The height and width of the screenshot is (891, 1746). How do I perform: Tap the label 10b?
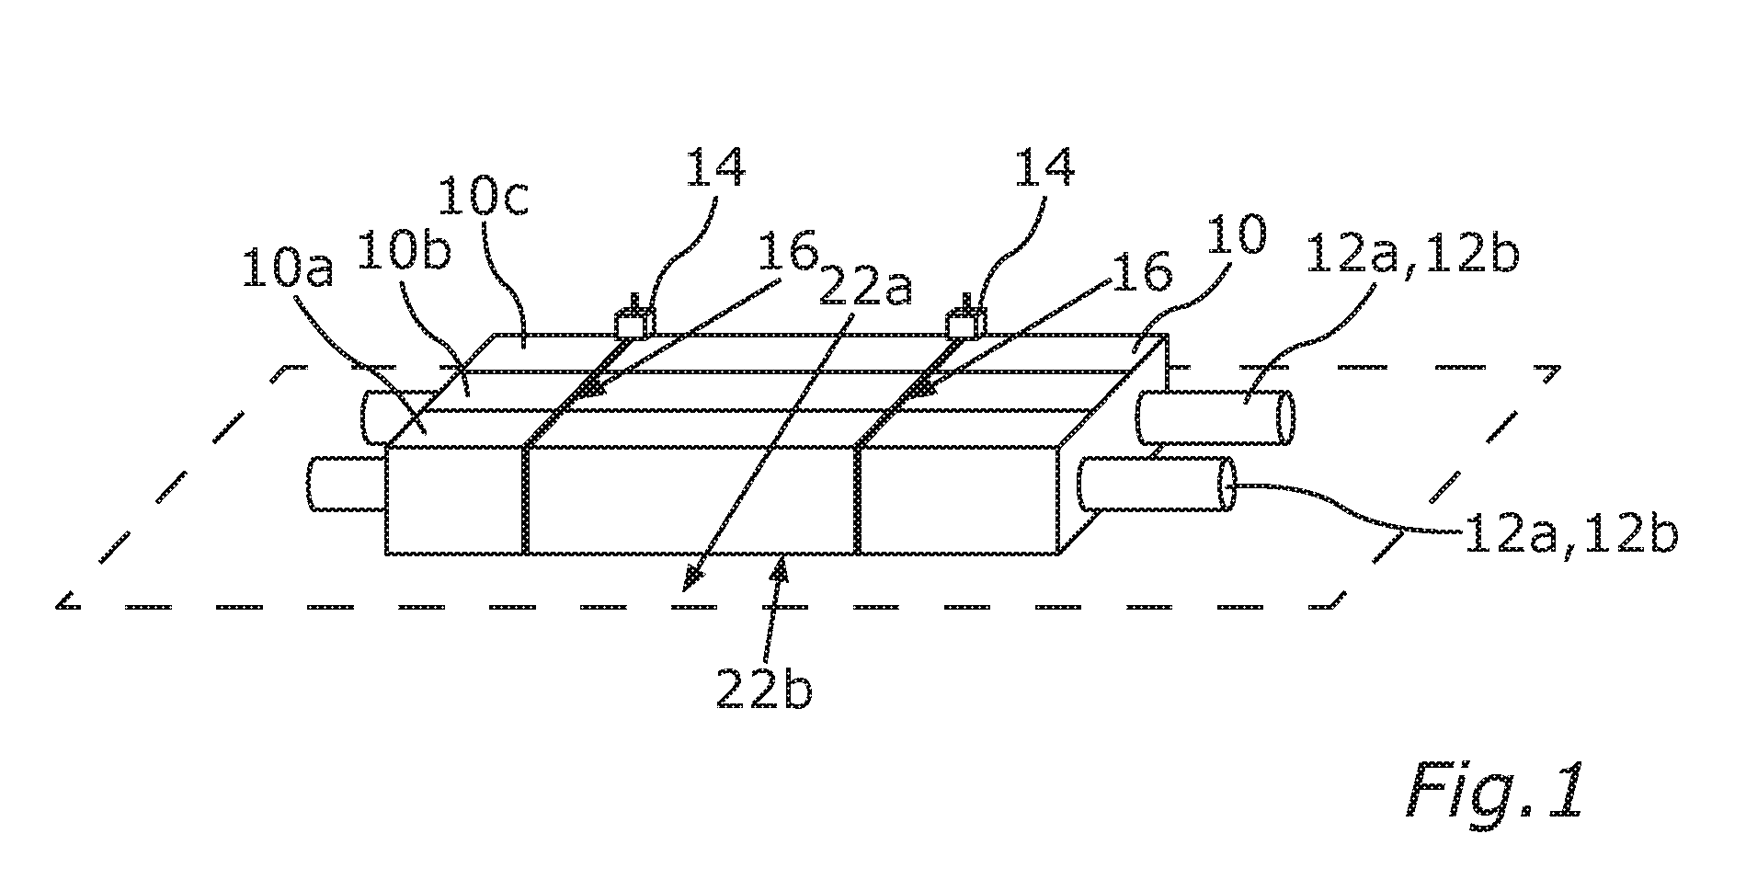pos(405,250)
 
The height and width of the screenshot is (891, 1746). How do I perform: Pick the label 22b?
pos(764,688)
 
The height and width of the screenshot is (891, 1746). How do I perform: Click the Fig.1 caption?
pos(1496,791)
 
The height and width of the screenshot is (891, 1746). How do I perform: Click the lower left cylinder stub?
pos(346,484)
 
